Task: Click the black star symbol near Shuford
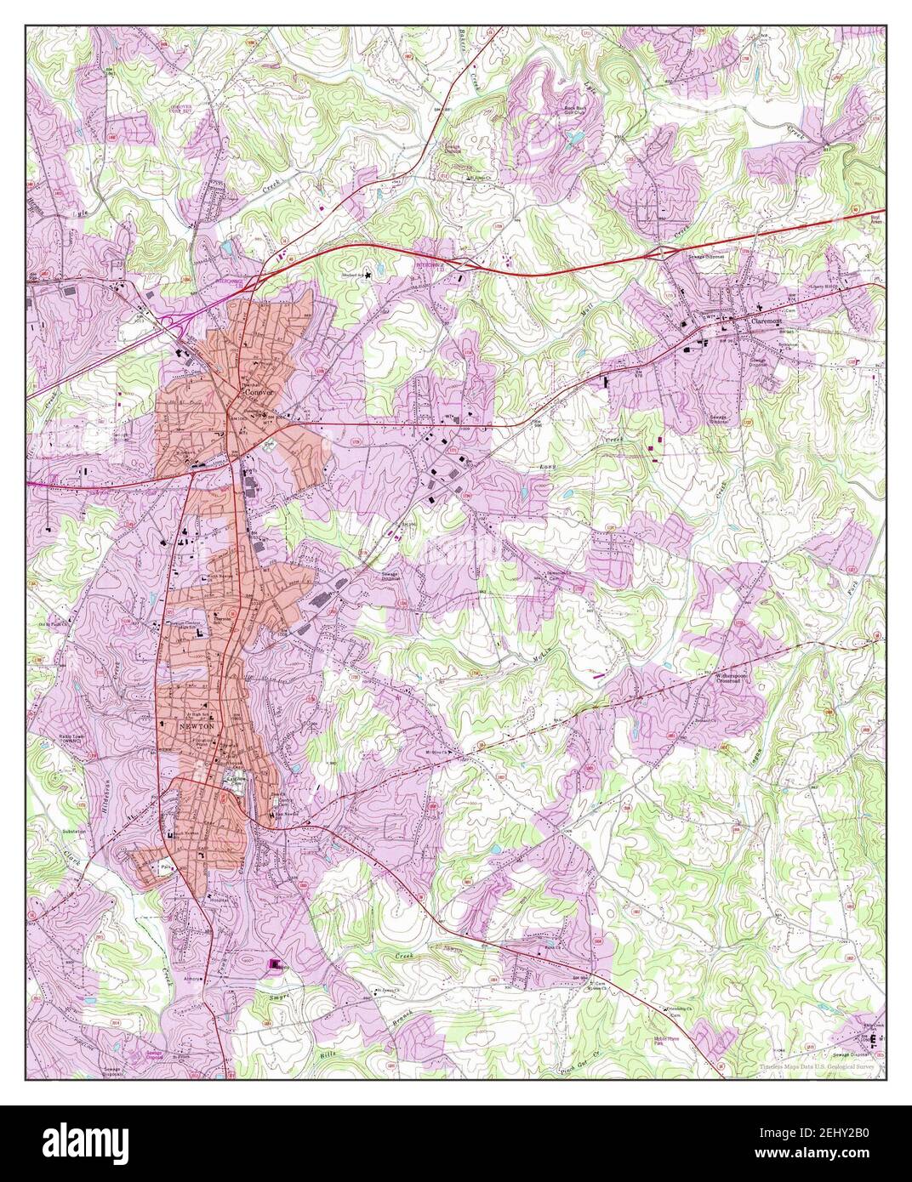(x=369, y=274)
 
